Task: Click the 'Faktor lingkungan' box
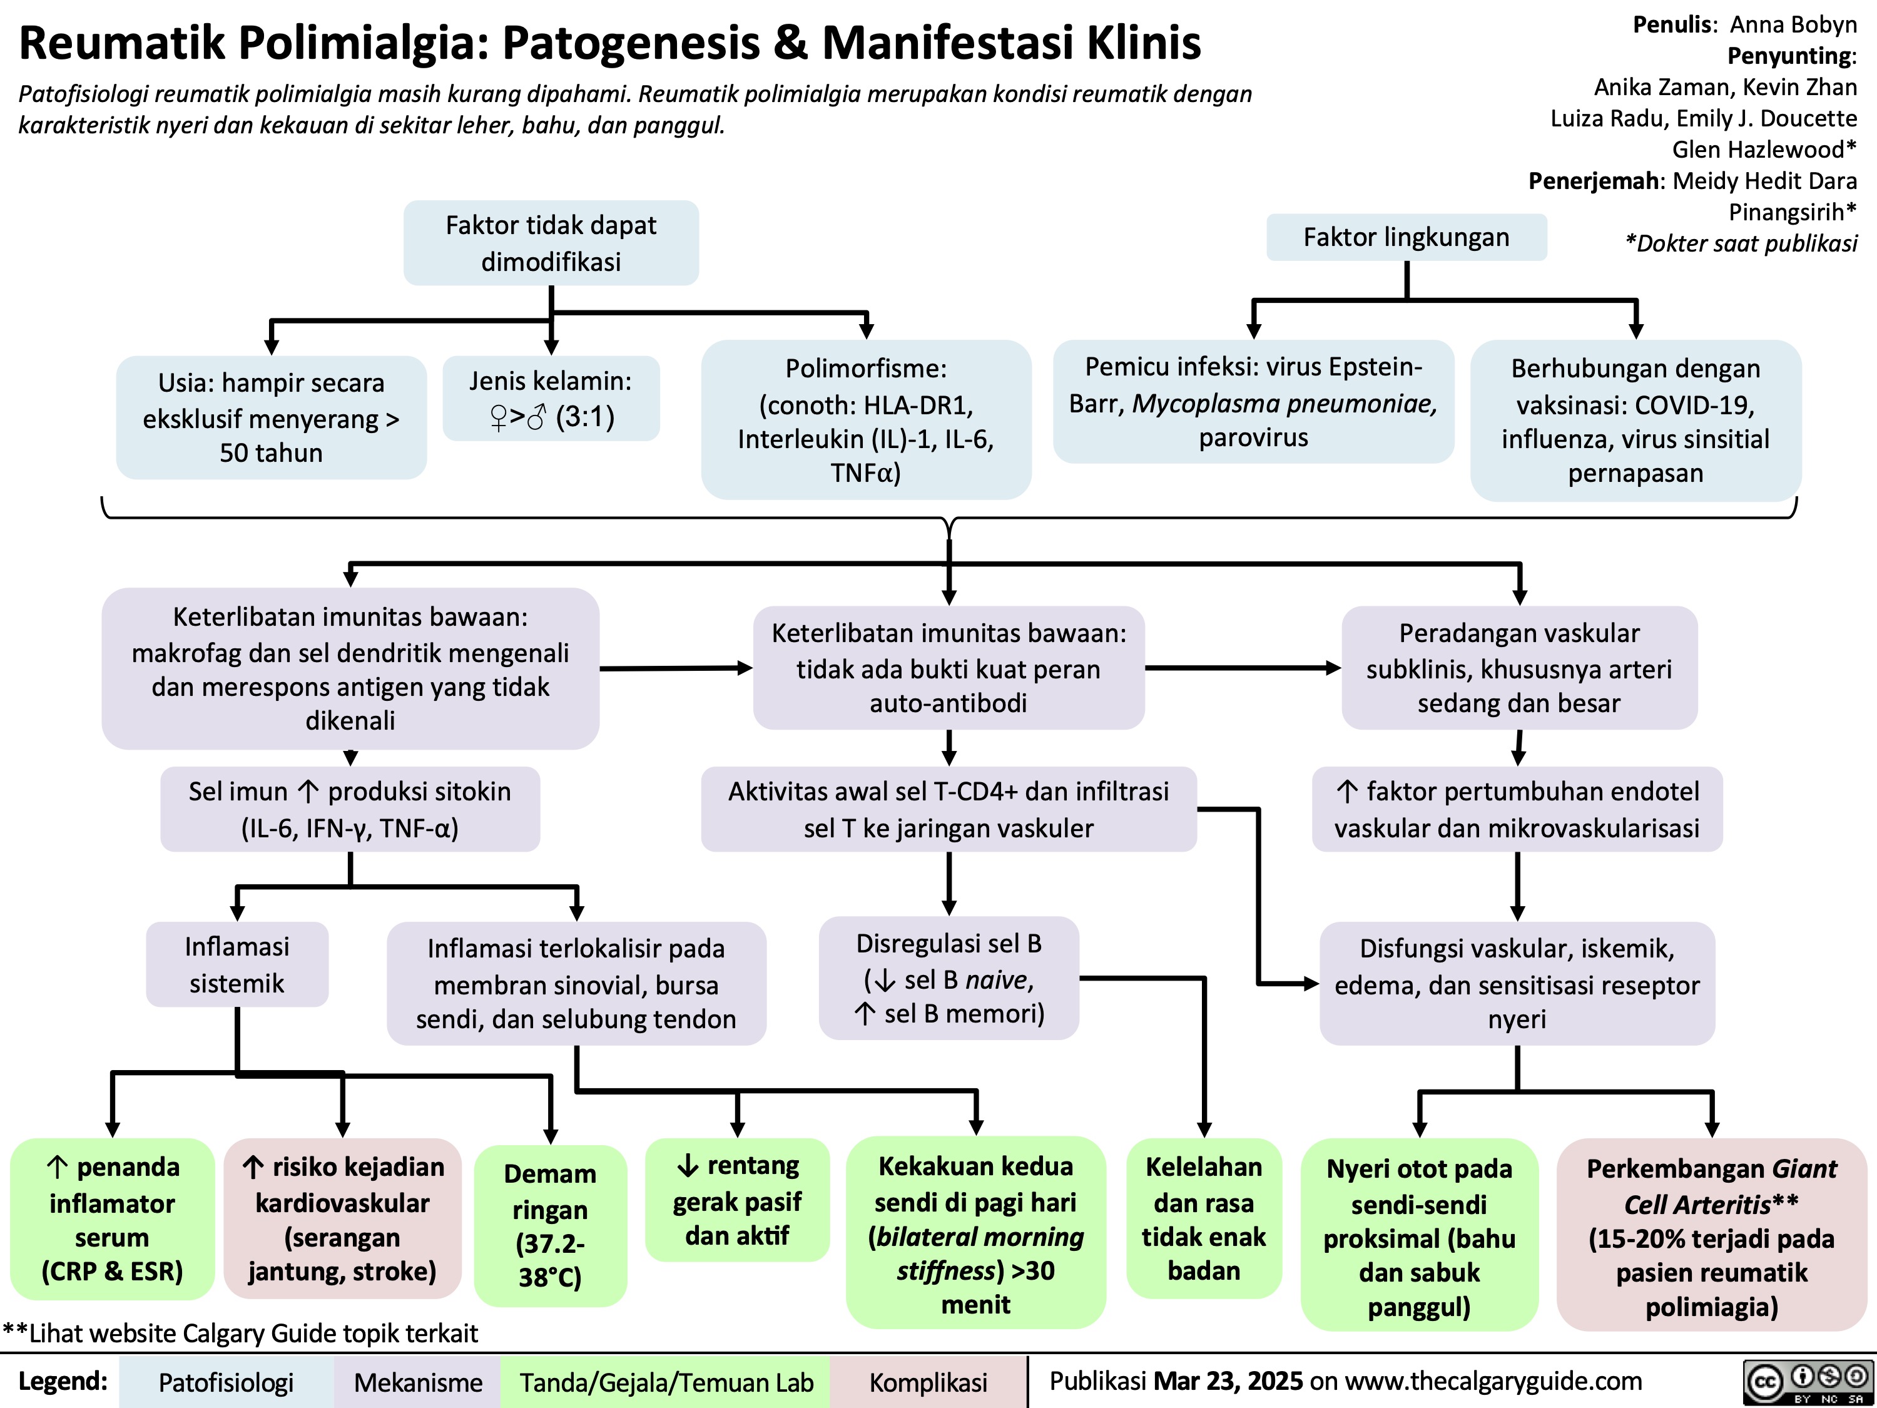coord(1406,238)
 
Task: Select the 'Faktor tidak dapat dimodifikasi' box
coord(551,243)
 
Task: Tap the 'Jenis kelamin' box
coord(551,399)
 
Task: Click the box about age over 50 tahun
coord(272,417)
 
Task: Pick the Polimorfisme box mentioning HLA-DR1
coord(865,420)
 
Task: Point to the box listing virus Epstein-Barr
coord(1253,402)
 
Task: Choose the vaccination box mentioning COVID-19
coord(1635,421)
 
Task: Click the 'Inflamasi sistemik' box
coord(237,965)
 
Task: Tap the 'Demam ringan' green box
coord(551,1225)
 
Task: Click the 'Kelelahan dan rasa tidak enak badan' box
coord(1203,1219)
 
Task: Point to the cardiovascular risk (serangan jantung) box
coord(342,1220)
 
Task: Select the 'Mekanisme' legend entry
coord(417,1382)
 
